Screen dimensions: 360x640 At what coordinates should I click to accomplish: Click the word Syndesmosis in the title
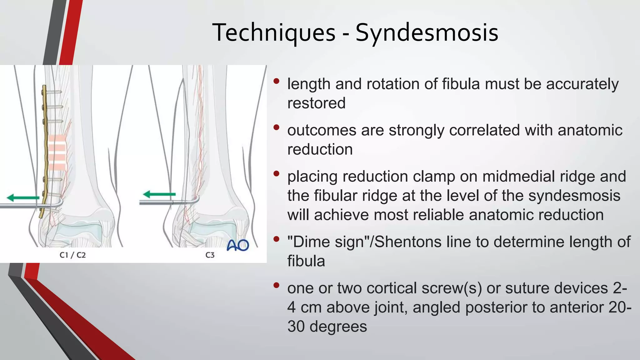click(x=427, y=33)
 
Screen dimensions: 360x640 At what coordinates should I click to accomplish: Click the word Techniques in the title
click(x=274, y=33)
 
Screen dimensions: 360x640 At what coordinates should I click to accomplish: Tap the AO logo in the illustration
click(x=237, y=245)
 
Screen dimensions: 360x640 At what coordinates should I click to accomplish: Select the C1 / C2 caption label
click(x=72, y=255)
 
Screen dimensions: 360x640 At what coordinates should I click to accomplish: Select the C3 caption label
click(x=210, y=255)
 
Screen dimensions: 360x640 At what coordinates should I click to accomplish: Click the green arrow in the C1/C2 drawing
click(x=23, y=197)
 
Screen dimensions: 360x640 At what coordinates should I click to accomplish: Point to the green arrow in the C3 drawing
click(x=159, y=194)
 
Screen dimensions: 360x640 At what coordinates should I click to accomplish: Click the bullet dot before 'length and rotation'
click(x=276, y=81)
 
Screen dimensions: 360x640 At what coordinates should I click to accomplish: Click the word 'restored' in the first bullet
click(x=316, y=103)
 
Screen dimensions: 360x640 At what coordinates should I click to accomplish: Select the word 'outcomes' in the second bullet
click(x=322, y=130)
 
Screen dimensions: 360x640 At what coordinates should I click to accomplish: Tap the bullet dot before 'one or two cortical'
click(x=276, y=285)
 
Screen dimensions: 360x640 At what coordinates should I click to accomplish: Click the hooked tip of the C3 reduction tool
click(x=197, y=199)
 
